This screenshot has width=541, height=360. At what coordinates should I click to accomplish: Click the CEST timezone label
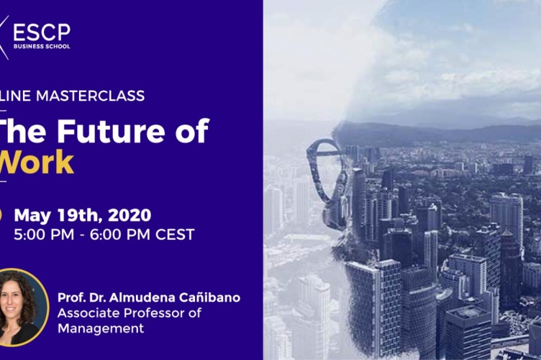coord(174,234)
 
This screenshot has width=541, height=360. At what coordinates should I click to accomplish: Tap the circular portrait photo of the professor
coord(19,307)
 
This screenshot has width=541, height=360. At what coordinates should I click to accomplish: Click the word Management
coord(100,328)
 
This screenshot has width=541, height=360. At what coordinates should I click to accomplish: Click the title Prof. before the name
coord(71,297)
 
